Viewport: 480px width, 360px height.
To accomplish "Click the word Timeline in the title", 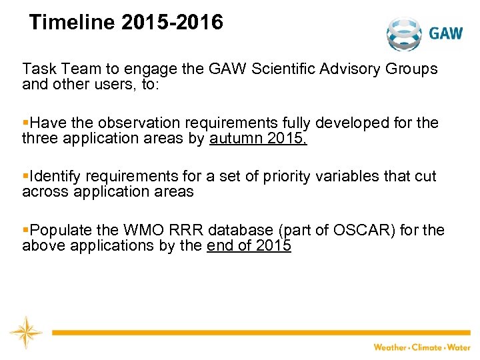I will [72, 23].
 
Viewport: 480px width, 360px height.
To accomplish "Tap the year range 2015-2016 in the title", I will [172, 23].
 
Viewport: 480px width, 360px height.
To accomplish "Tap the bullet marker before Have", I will [25, 123].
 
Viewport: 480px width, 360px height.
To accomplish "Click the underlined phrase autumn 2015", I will [258, 138].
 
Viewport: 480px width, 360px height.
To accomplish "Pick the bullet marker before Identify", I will [25, 177].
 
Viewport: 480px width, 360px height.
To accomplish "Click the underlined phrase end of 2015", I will [249, 245].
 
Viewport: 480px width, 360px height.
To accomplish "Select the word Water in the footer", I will [458, 347].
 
